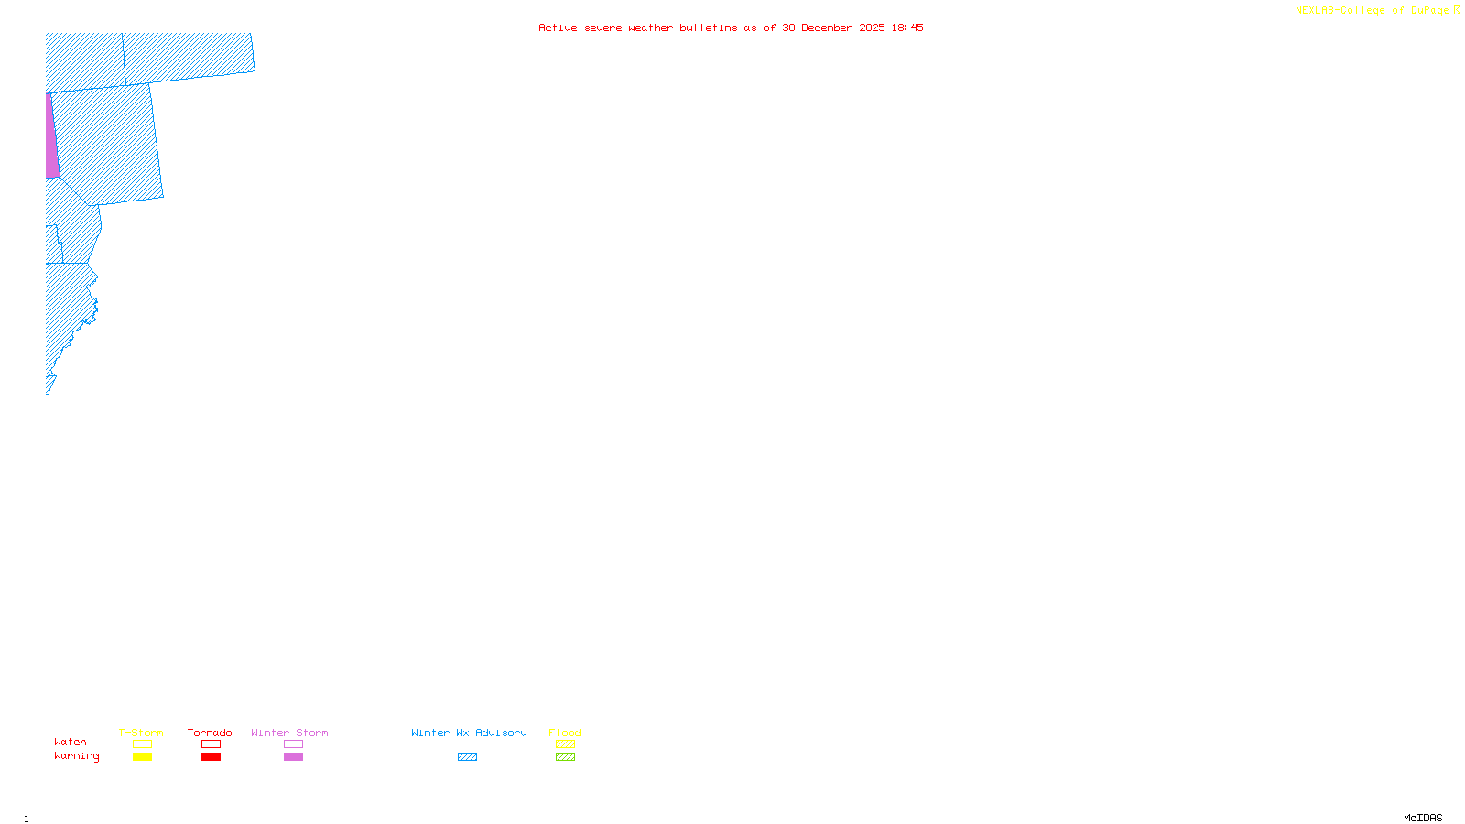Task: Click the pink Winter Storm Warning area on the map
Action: point(51,137)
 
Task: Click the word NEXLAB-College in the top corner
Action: point(1340,11)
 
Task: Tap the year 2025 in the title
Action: point(872,27)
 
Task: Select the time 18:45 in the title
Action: point(906,27)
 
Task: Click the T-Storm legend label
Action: point(141,732)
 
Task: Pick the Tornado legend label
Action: point(210,732)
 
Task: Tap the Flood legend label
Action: point(565,732)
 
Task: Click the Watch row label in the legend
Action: point(71,742)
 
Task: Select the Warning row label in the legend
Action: point(77,756)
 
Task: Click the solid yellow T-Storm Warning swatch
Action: point(142,757)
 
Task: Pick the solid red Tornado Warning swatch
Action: point(211,757)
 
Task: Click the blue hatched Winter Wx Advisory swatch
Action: point(467,757)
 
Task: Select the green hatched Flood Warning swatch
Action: point(565,757)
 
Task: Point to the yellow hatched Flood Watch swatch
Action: point(565,744)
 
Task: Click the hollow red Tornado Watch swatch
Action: point(211,744)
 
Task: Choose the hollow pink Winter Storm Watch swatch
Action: point(293,744)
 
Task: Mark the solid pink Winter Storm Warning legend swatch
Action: point(293,757)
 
